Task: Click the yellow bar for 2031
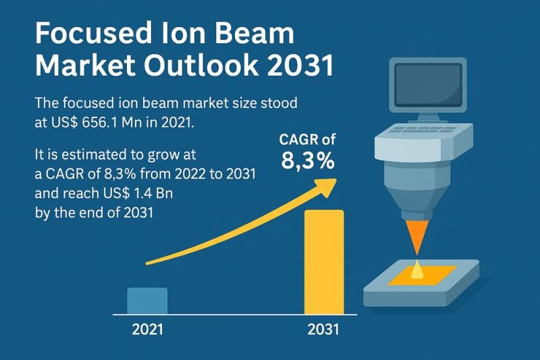[x=325, y=262]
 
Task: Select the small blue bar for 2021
[x=147, y=301]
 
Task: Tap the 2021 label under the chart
[x=147, y=331]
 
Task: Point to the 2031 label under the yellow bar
[x=323, y=331]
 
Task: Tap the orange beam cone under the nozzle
[x=419, y=240]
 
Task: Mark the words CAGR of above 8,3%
[x=308, y=140]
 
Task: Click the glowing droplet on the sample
[x=419, y=271]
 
